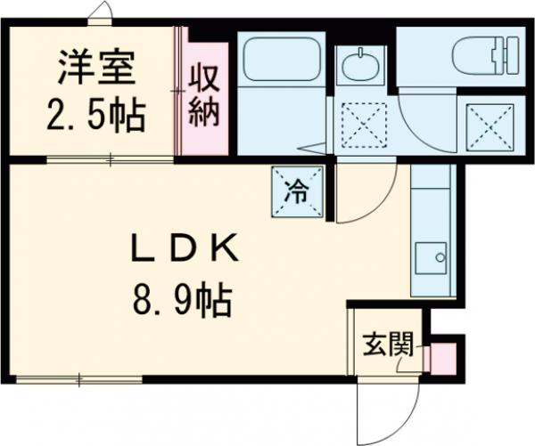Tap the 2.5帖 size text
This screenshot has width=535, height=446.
tap(95, 114)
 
